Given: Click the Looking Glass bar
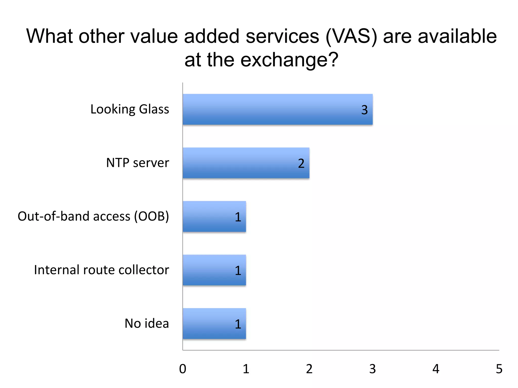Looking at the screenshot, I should click(277, 109).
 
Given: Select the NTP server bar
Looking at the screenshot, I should click(246, 163).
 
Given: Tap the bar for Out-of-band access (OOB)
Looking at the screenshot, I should click(214, 216).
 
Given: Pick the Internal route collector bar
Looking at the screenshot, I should click(214, 270).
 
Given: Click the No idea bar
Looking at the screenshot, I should click(214, 324).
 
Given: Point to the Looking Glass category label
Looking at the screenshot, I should click(130, 109).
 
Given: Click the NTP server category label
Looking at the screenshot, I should click(138, 163).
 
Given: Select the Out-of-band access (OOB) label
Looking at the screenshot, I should click(93, 216).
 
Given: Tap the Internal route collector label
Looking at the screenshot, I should click(101, 270).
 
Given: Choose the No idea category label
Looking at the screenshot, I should click(147, 324).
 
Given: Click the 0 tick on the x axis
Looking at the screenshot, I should click(183, 369).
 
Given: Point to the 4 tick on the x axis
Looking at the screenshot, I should click(436, 369).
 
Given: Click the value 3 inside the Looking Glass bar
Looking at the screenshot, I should click(364, 110).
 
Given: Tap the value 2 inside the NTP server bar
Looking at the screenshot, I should click(301, 163).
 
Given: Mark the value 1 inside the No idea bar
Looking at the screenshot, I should click(238, 324).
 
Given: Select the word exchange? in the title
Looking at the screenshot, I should click(289, 60).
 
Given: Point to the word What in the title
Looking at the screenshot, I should click(50, 36).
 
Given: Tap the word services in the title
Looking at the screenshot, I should click(282, 36).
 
